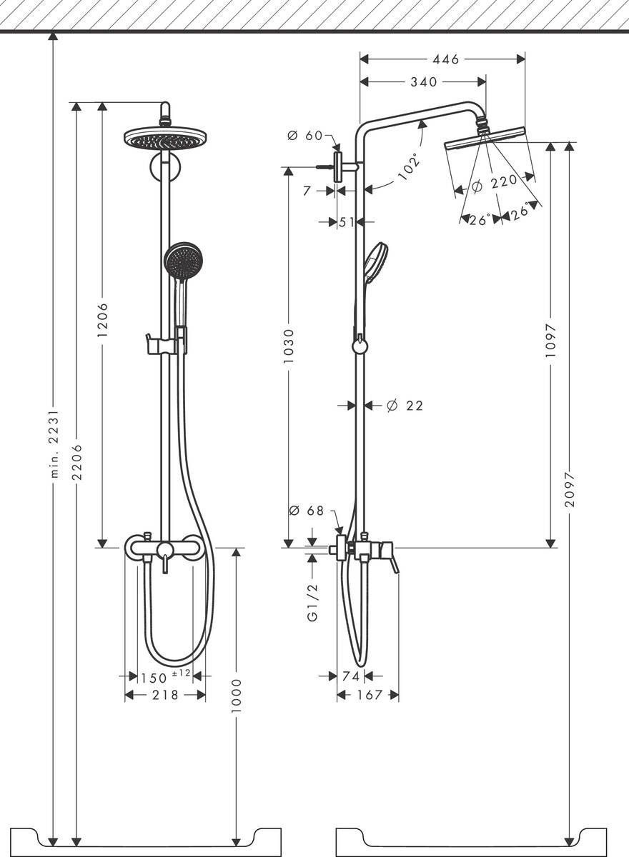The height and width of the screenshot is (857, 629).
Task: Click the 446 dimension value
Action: (445, 60)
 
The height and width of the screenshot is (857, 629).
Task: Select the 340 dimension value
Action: (423, 82)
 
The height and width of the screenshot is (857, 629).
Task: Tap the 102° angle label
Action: (410, 166)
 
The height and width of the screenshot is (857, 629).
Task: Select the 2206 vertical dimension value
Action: (77, 462)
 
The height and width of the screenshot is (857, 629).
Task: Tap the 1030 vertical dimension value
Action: (287, 346)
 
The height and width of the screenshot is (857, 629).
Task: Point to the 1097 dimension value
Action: (550, 341)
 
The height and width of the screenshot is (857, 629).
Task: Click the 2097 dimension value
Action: (569, 489)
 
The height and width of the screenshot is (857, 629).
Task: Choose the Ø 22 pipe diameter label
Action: (405, 406)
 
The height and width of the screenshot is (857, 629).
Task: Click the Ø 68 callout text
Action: (306, 511)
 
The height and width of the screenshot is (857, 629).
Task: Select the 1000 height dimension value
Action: (237, 696)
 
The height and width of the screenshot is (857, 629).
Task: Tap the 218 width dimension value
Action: (165, 695)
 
